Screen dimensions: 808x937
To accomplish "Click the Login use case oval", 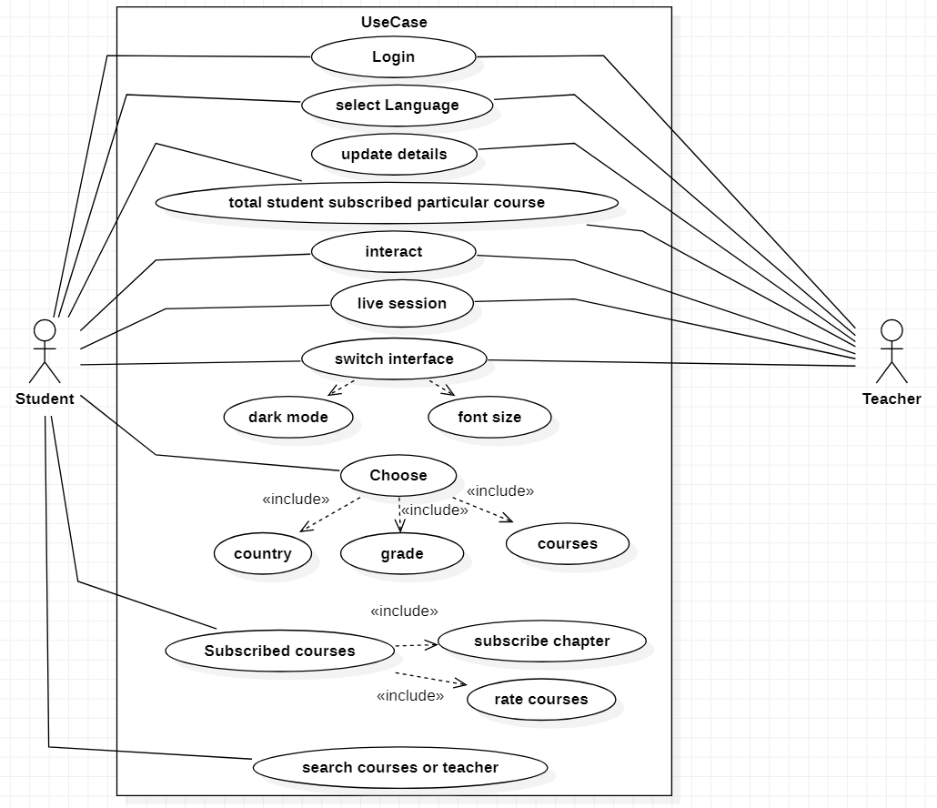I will click(x=393, y=57).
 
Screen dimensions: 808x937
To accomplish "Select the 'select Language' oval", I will click(x=397, y=105).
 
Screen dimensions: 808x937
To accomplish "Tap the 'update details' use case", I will click(x=394, y=155).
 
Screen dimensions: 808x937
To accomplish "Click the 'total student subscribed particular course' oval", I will click(x=387, y=202).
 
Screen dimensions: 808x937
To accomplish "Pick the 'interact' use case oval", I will click(x=393, y=252).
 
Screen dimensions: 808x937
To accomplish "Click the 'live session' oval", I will click(x=401, y=304).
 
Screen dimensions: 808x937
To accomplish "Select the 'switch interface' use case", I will click(x=394, y=359).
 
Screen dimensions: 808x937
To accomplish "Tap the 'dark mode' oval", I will click(x=287, y=418).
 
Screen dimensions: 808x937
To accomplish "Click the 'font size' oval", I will click(x=489, y=418).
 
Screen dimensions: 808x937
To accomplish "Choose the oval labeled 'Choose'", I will click(x=398, y=475).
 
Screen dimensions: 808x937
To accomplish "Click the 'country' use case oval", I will click(x=262, y=553).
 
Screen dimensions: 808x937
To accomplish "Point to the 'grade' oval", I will click(x=401, y=554).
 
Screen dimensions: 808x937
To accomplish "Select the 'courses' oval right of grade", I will click(x=567, y=544).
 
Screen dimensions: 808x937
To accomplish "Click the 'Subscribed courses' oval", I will click(x=279, y=651).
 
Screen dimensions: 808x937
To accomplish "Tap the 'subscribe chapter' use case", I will click(x=541, y=641).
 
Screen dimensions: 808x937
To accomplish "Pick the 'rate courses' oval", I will click(x=540, y=700).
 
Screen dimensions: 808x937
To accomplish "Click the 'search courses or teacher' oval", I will click(x=399, y=767).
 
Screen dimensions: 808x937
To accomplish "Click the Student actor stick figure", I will click(x=45, y=351).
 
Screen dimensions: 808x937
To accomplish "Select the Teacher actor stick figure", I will click(x=892, y=351).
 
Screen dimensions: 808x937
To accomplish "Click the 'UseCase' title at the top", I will click(x=393, y=22).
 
